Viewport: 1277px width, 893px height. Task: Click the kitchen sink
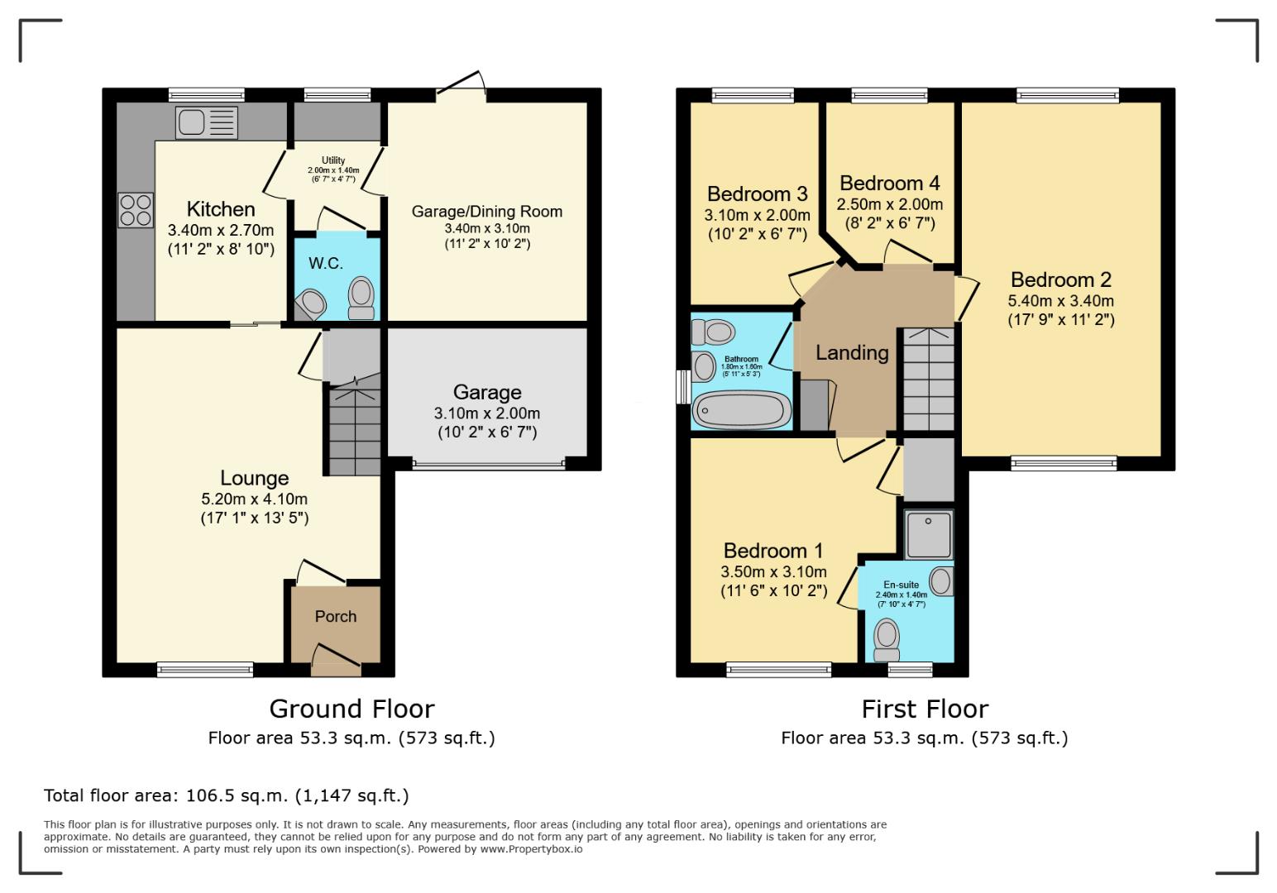point(206,122)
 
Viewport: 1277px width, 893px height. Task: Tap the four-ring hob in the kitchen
point(136,209)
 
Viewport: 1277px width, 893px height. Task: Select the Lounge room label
point(254,478)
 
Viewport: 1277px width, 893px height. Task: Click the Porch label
point(335,617)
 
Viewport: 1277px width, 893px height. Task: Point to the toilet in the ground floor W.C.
point(361,298)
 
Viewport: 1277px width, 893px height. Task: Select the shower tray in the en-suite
point(928,534)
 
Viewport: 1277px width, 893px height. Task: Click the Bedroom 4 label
point(889,183)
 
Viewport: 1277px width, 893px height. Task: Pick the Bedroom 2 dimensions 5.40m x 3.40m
point(1060,301)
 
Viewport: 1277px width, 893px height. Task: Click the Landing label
point(852,353)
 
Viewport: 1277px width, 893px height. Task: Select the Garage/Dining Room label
point(487,212)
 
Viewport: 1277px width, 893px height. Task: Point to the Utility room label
point(333,160)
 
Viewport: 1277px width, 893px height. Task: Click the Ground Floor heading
point(352,709)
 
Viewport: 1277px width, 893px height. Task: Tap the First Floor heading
point(925,709)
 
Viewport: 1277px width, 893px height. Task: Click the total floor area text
point(226,796)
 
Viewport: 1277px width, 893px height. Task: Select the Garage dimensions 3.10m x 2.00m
point(487,413)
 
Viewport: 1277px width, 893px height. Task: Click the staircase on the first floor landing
point(927,379)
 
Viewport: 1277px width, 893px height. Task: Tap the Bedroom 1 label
point(773,551)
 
